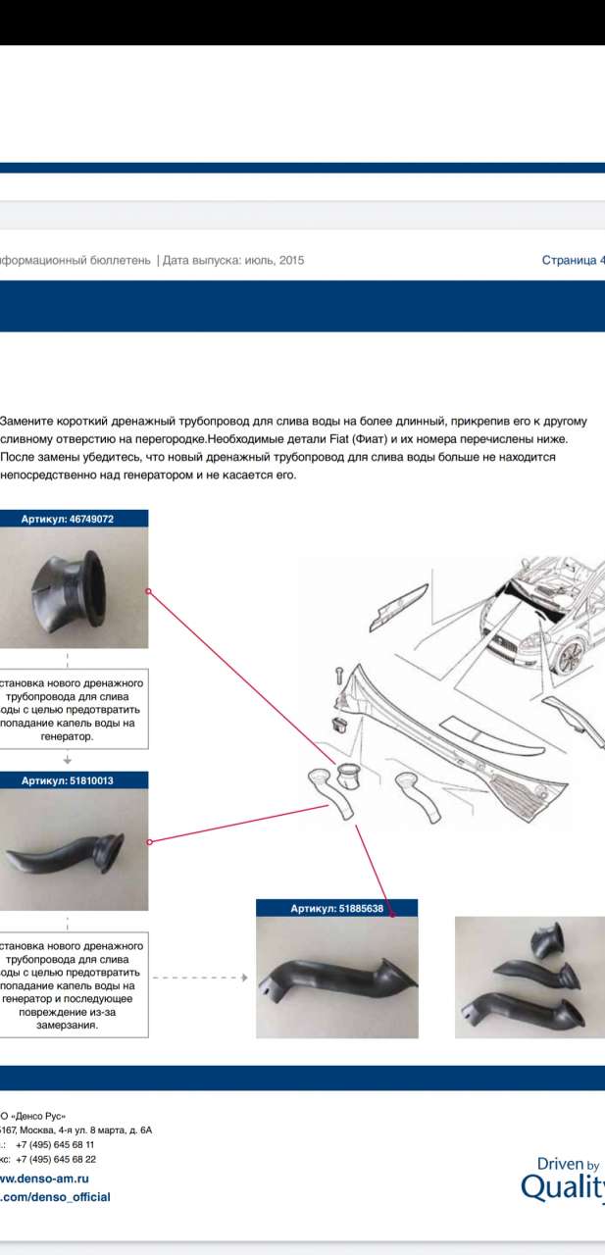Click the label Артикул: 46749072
(68, 520)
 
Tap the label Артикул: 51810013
(68, 780)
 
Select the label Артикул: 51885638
(336, 909)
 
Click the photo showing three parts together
(530, 977)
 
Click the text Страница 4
(573, 260)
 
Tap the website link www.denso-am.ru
(43, 1179)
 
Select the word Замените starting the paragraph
(28, 421)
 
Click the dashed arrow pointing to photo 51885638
(201, 978)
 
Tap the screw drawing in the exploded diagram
(337, 675)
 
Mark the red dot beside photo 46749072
(148, 591)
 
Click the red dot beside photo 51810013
(148, 841)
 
